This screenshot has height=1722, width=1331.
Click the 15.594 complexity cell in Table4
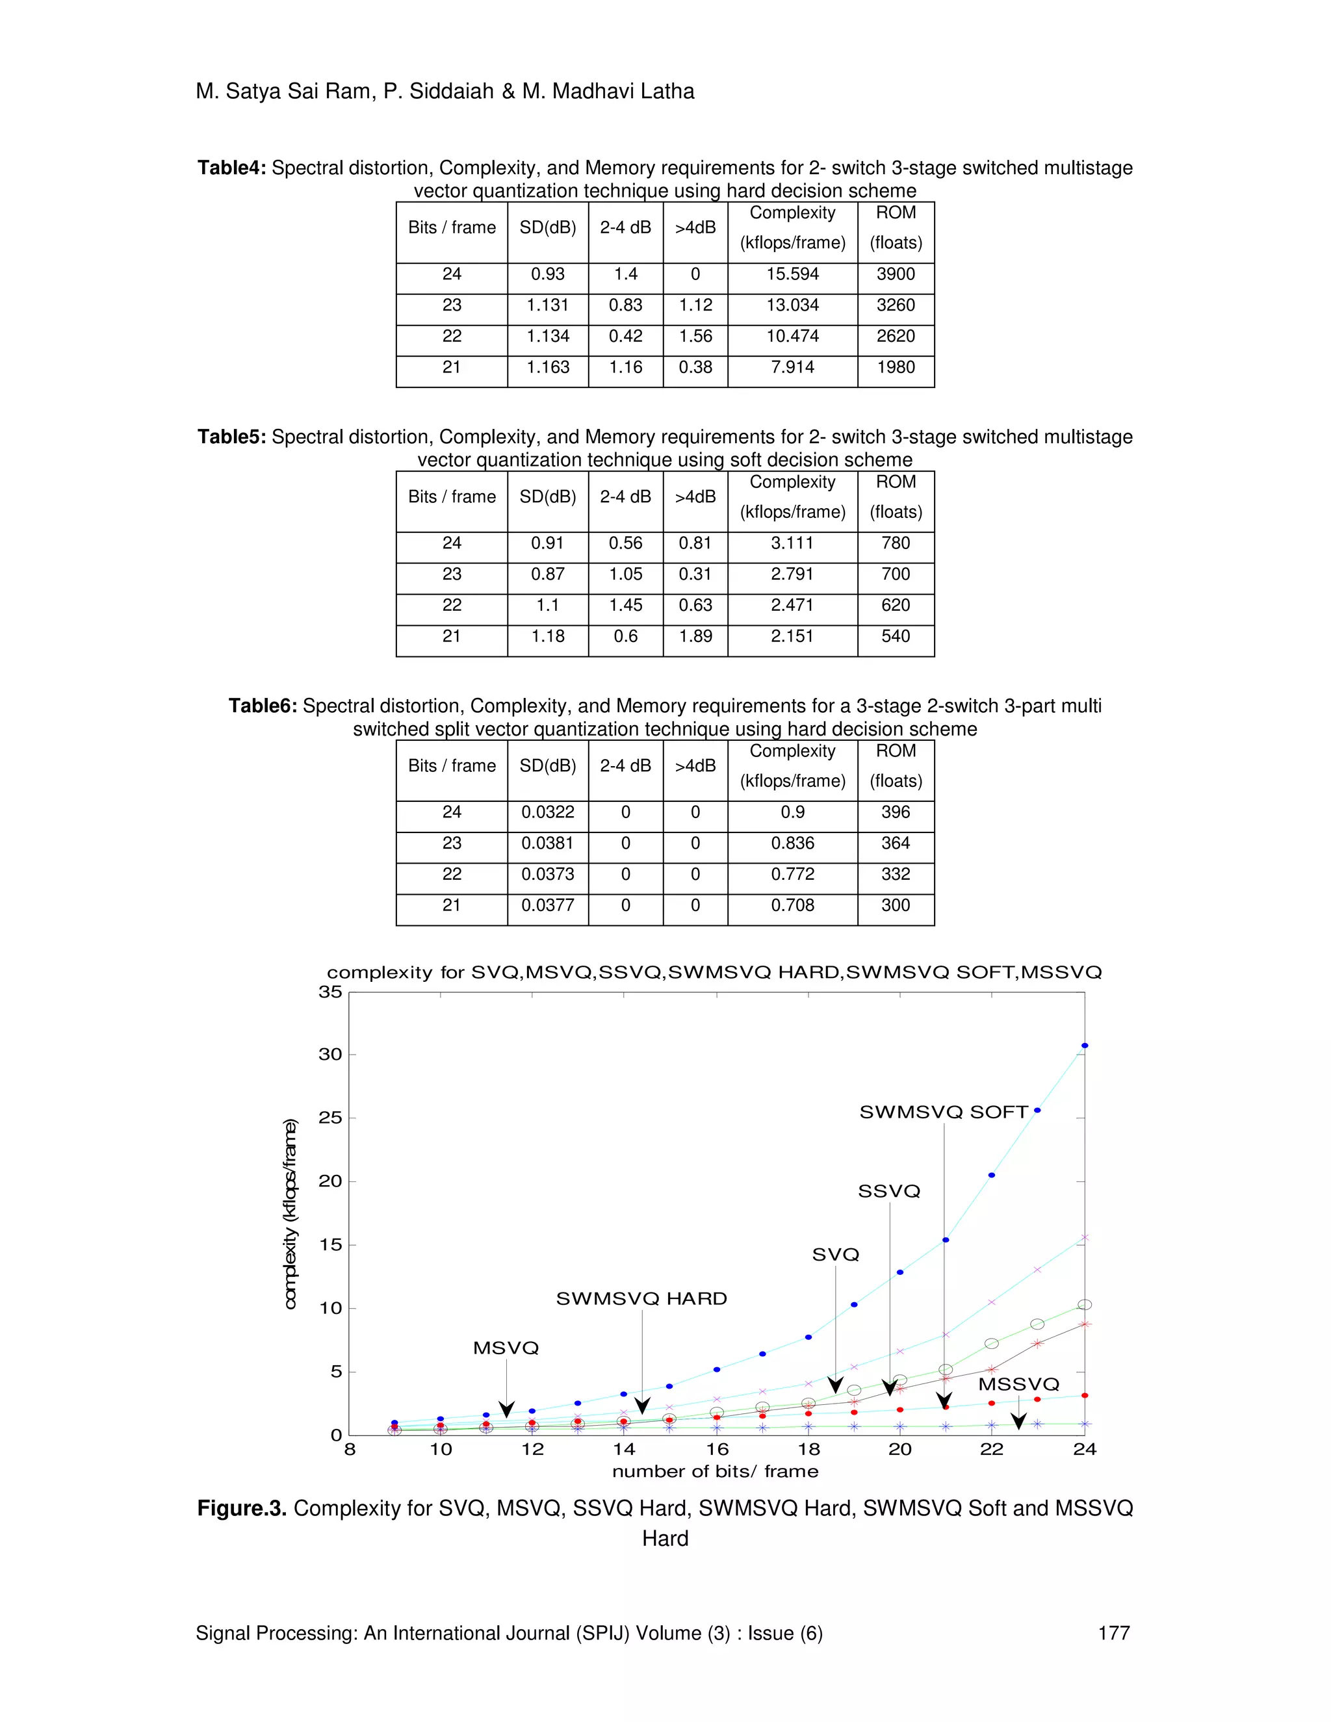[x=792, y=274]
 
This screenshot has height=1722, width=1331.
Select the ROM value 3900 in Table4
[x=896, y=274]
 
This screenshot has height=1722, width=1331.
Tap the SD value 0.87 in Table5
[x=547, y=574]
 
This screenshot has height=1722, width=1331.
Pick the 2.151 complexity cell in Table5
[x=792, y=636]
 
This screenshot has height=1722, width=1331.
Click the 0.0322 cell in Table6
[x=547, y=812]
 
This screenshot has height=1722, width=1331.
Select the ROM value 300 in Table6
[x=896, y=905]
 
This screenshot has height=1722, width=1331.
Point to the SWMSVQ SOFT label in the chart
[x=944, y=1112]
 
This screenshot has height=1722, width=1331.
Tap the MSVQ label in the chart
[x=506, y=1348]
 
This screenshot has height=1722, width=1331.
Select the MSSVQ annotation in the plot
[x=1019, y=1385]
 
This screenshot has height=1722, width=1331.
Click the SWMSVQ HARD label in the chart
[x=641, y=1298]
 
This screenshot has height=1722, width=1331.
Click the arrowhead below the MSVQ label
[x=507, y=1410]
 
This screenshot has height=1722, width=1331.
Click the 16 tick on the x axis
[x=717, y=1449]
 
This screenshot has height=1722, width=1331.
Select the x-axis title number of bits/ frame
[x=715, y=1471]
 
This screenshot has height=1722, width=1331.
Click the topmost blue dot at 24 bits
[x=1084, y=1046]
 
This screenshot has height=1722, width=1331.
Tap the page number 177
[x=1113, y=1633]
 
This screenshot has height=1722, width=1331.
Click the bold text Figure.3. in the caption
[x=241, y=1508]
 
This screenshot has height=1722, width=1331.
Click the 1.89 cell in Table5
[x=695, y=636]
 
